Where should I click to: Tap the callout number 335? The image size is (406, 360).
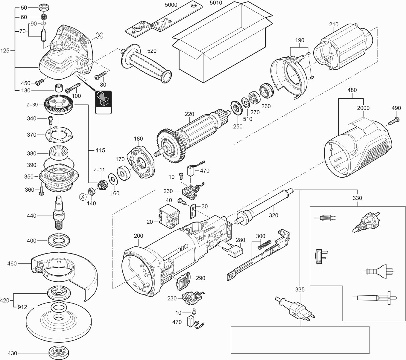coord(300,289)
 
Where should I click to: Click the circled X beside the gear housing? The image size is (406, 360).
coord(99,36)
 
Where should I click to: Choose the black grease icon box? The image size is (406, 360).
coord(103,99)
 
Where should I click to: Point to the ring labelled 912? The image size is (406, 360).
coord(59,307)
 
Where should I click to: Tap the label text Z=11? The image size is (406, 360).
coord(99,169)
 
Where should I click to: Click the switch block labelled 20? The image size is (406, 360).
coord(168,217)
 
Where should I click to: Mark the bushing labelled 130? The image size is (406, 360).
coord(58,89)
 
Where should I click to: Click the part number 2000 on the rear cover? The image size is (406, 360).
coord(363,108)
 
